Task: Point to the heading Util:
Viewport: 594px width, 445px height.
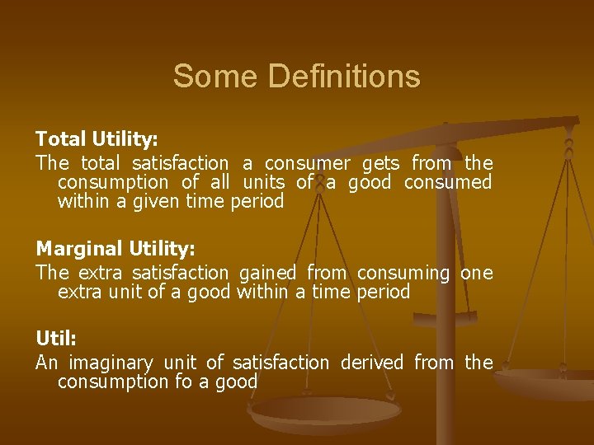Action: point(54,338)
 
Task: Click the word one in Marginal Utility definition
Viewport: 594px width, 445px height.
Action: point(476,272)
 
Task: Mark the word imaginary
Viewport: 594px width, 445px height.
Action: point(111,362)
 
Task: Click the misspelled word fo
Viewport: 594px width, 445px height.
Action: point(183,382)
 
